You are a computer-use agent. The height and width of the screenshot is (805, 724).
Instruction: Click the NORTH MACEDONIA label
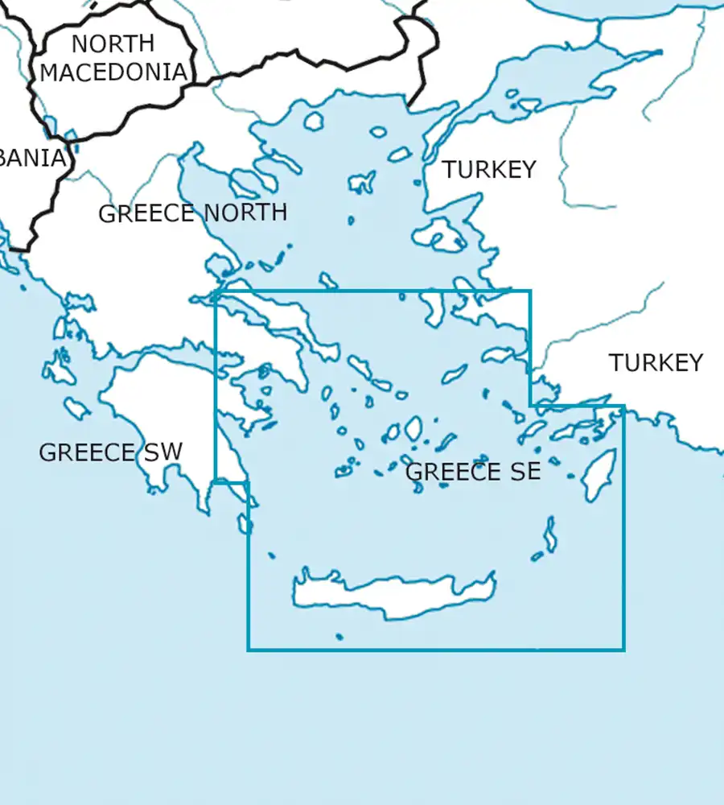113,57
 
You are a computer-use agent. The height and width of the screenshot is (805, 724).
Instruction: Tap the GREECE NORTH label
192,213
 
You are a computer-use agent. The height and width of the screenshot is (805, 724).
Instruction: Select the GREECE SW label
110,452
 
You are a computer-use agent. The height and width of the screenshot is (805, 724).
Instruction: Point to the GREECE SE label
472,472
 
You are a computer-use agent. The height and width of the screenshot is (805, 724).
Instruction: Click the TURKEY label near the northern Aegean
488,170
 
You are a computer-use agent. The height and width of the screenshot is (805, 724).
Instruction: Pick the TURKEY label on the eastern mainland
656,363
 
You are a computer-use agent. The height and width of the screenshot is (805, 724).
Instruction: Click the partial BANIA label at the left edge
32,158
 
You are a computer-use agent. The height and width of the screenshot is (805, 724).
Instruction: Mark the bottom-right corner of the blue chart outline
623,650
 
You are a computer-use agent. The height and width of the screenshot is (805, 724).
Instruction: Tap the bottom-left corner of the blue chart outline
248,650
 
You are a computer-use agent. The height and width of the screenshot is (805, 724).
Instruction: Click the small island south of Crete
339,637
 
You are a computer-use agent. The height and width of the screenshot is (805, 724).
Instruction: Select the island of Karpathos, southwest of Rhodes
550,535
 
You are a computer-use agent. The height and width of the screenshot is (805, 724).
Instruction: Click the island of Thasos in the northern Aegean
314,122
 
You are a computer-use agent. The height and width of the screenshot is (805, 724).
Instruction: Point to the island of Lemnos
362,182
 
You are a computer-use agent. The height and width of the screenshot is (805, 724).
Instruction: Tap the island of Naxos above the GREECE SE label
413,428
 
